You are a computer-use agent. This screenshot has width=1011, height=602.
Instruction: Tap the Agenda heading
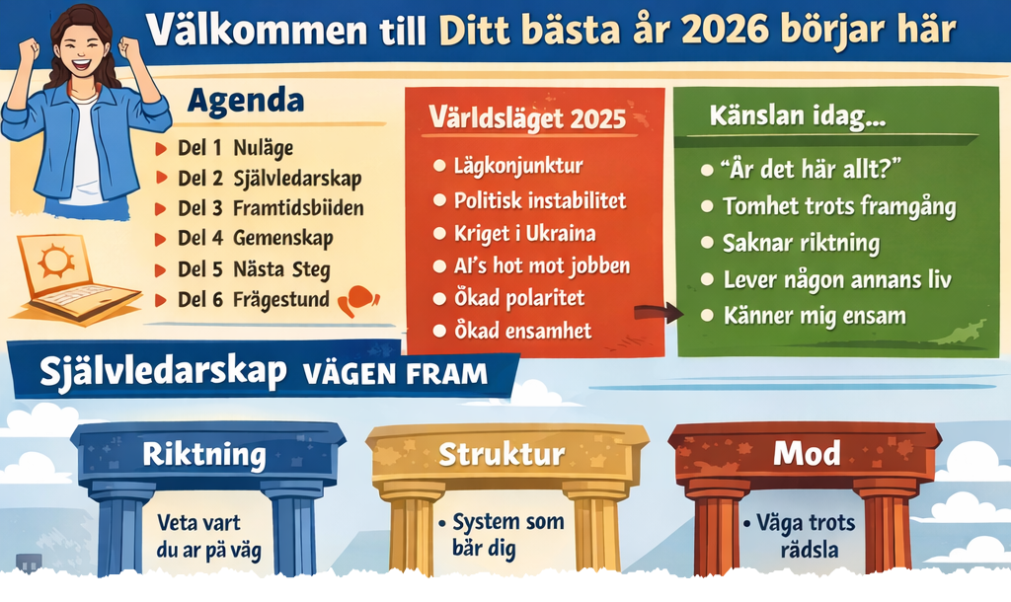[x=246, y=102]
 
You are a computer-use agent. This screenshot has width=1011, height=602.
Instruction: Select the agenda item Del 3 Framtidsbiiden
[x=271, y=208]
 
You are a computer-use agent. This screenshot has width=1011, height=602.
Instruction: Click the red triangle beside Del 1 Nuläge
[x=161, y=149]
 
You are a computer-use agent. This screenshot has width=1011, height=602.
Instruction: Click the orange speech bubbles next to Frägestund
[x=358, y=300]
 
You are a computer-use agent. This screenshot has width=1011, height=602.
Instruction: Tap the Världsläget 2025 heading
[x=527, y=118]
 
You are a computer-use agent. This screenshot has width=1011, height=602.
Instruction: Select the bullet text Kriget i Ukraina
[x=524, y=233]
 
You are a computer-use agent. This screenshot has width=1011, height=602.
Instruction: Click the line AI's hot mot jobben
[x=542, y=265]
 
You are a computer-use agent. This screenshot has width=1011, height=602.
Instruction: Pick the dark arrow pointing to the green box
[x=659, y=313]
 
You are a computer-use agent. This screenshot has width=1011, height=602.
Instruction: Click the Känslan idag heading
[x=798, y=116]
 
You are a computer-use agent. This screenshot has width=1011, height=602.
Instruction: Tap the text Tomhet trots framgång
[x=839, y=207]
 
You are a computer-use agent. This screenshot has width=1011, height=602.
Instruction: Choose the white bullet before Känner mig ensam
[x=707, y=316]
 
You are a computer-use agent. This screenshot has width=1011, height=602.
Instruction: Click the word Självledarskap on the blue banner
[x=163, y=372]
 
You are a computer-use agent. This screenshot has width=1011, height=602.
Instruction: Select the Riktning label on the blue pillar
[x=204, y=454]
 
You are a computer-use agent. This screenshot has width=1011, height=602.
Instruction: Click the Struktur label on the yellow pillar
[x=502, y=454]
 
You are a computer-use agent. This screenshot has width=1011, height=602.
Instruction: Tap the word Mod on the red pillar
[x=807, y=454]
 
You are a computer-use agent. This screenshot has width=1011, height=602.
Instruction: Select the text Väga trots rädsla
[x=803, y=536]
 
